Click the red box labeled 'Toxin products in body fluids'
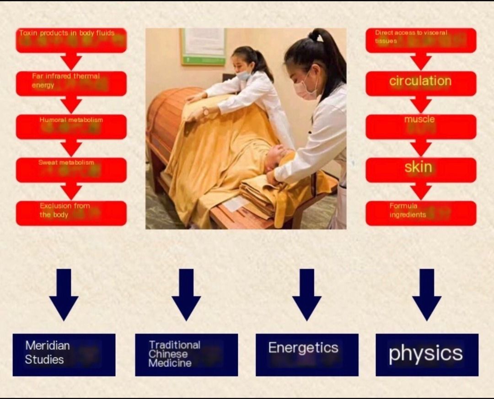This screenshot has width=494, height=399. [71, 40]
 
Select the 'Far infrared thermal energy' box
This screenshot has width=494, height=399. [71, 83]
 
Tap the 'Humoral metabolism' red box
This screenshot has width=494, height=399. [71, 126]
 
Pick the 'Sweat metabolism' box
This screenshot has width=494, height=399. [71, 169]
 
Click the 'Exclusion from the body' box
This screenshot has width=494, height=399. [71, 213]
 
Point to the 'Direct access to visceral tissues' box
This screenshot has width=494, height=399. [421, 40]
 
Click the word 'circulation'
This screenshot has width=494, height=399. [420, 81]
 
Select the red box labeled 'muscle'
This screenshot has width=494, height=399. [421, 126]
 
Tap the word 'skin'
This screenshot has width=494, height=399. [418, 167]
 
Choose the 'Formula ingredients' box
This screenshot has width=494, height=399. [421, 213]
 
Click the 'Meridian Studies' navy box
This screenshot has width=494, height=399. [64, 355]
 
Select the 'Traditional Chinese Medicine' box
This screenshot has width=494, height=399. [186, 355]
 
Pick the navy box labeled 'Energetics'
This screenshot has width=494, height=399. [306, 355]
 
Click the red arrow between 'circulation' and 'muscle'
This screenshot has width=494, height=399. [421, 105]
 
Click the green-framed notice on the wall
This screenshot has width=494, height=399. [203, 47]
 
